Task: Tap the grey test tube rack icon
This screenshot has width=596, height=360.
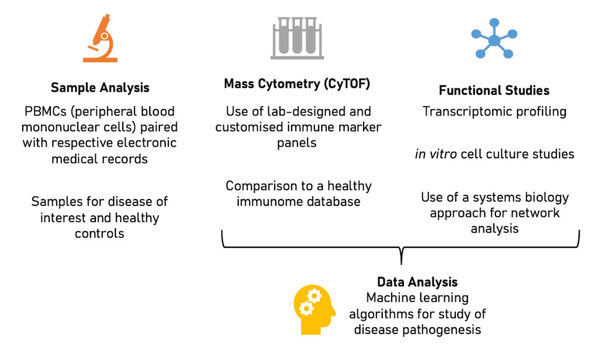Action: point(297,38)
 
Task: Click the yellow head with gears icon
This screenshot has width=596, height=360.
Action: point(314,310)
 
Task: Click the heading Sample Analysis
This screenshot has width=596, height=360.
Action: point(100,87)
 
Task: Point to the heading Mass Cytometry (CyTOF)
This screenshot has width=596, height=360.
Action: point(296,84)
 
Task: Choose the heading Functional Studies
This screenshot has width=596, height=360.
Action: point(494,91)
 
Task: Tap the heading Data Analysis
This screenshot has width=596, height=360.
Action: point(417,282)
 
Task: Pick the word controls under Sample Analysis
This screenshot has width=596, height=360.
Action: point(100,233)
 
